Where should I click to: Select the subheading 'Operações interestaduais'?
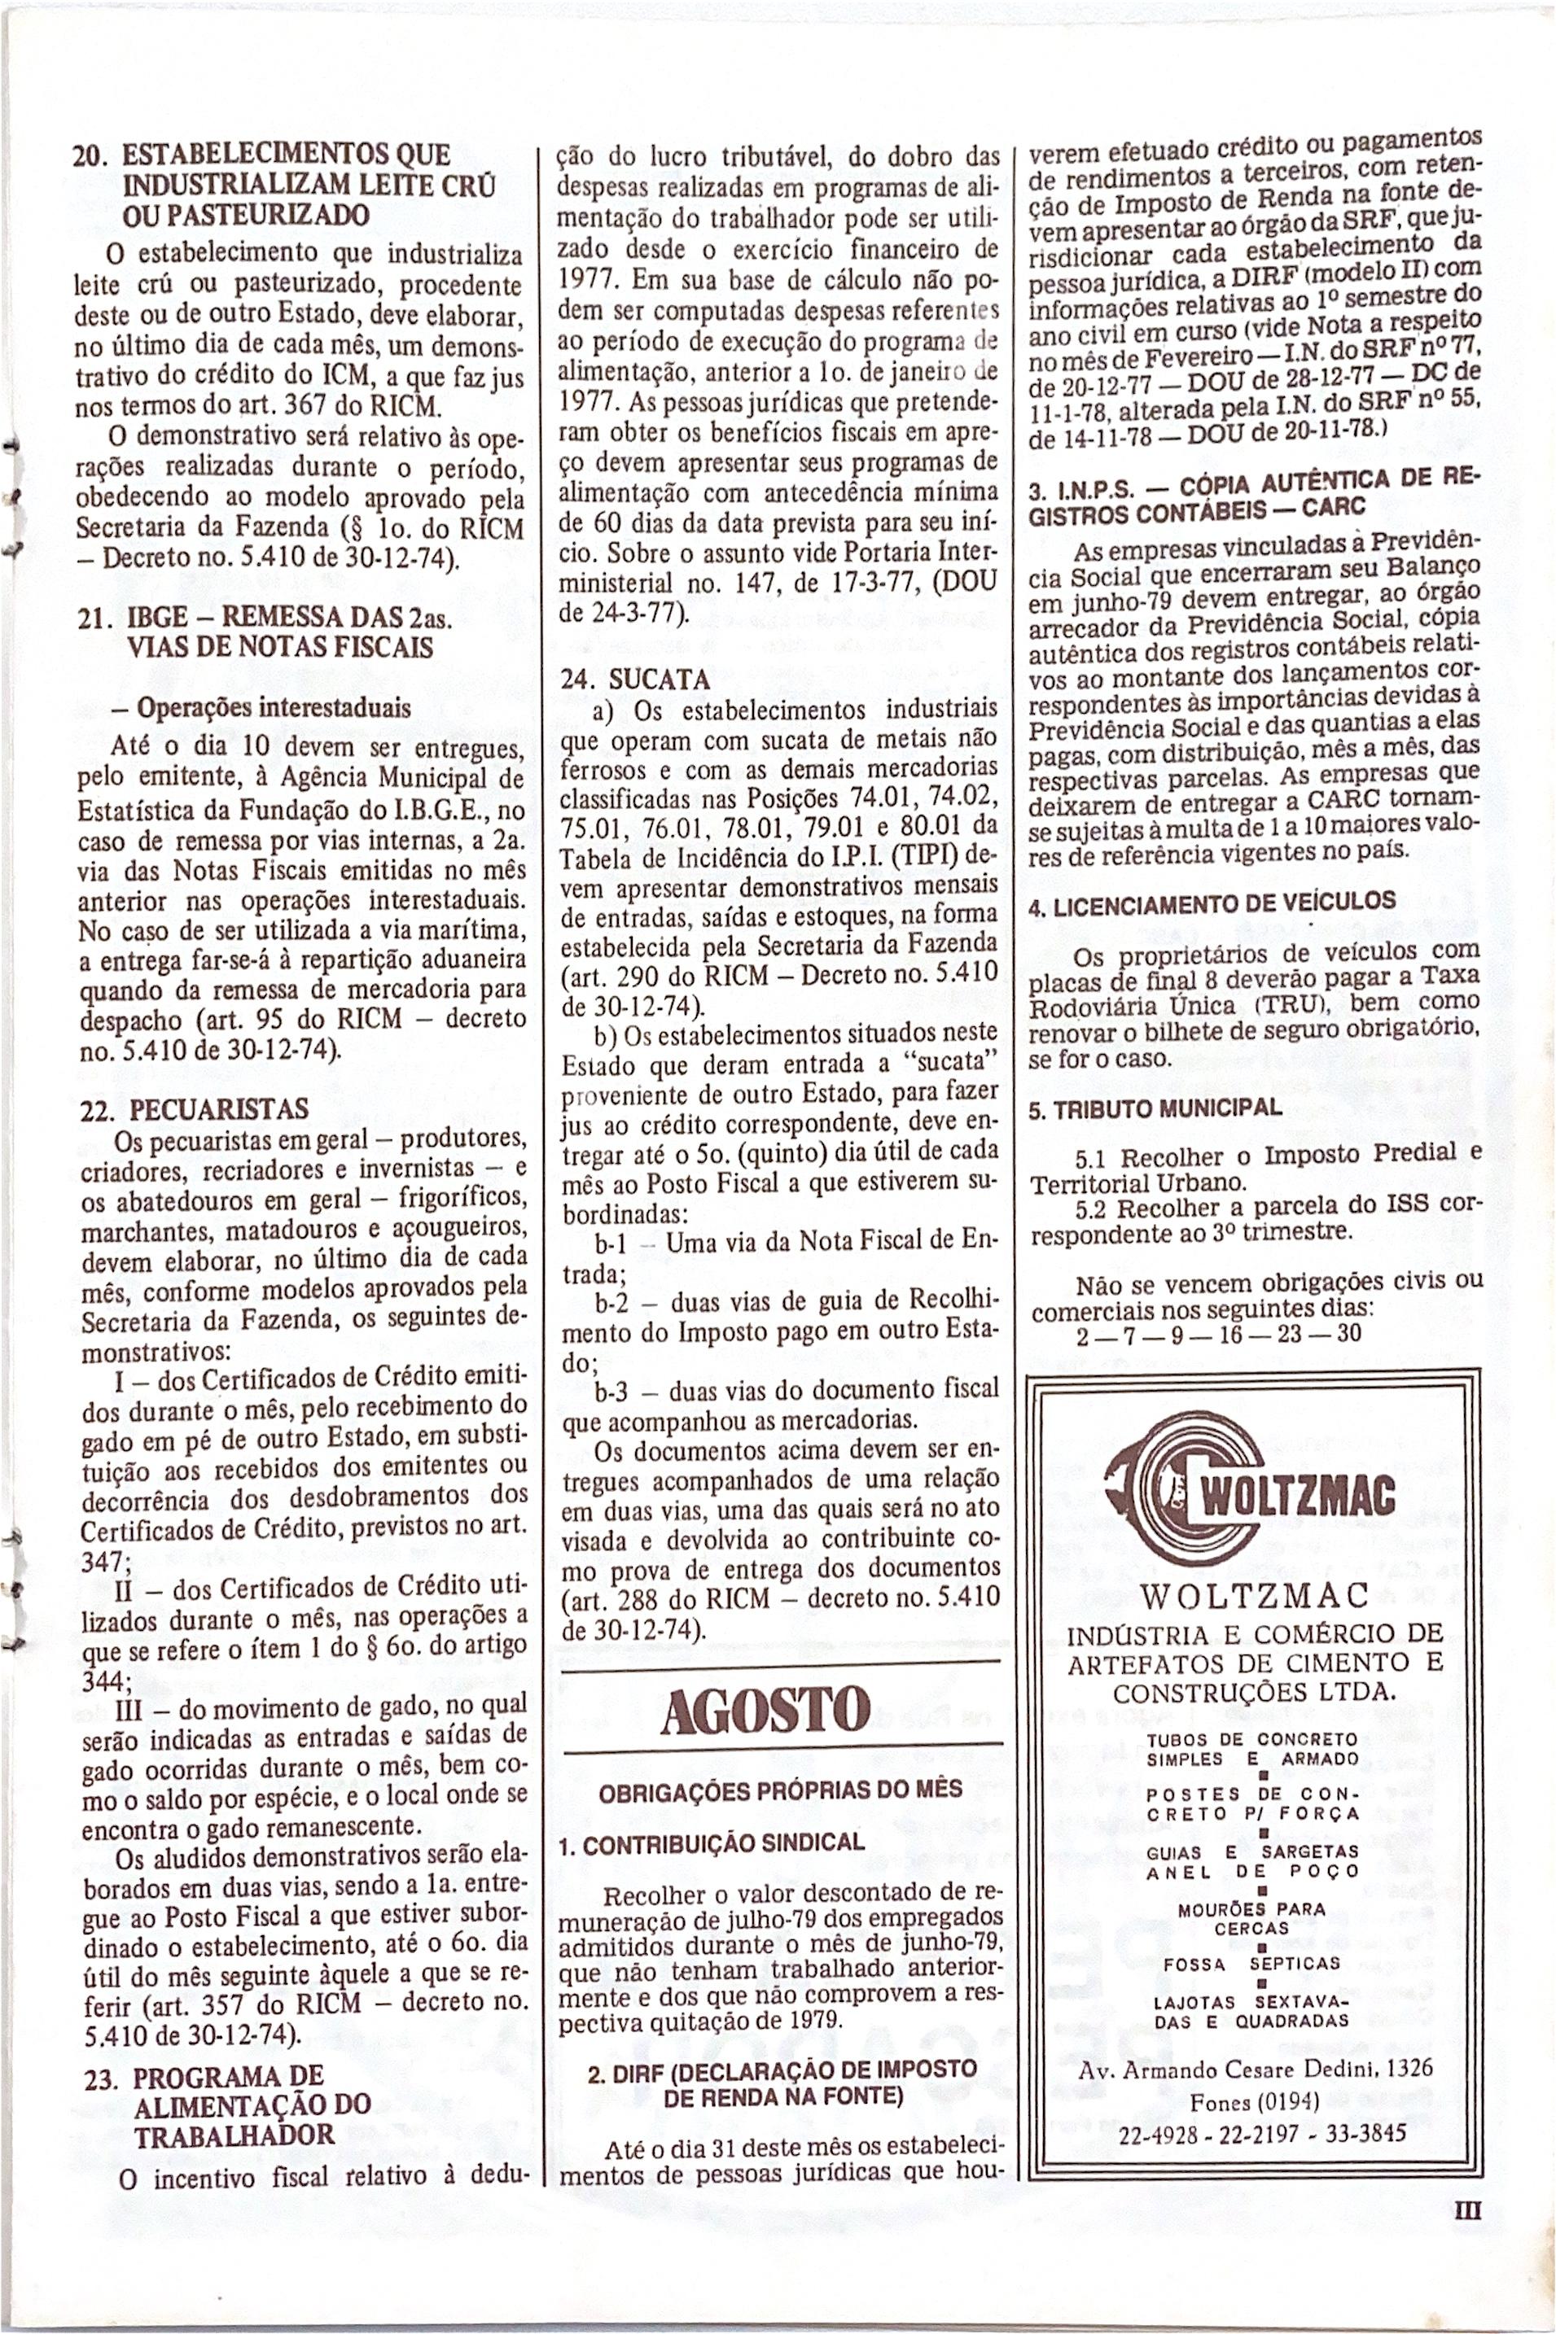pos(273,708)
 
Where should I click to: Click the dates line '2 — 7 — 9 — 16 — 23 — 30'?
pos(1219,1334)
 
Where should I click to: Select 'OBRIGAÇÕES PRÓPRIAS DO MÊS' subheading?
pos(780,1790)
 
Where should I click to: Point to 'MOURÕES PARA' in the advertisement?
pos(1251,1908)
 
